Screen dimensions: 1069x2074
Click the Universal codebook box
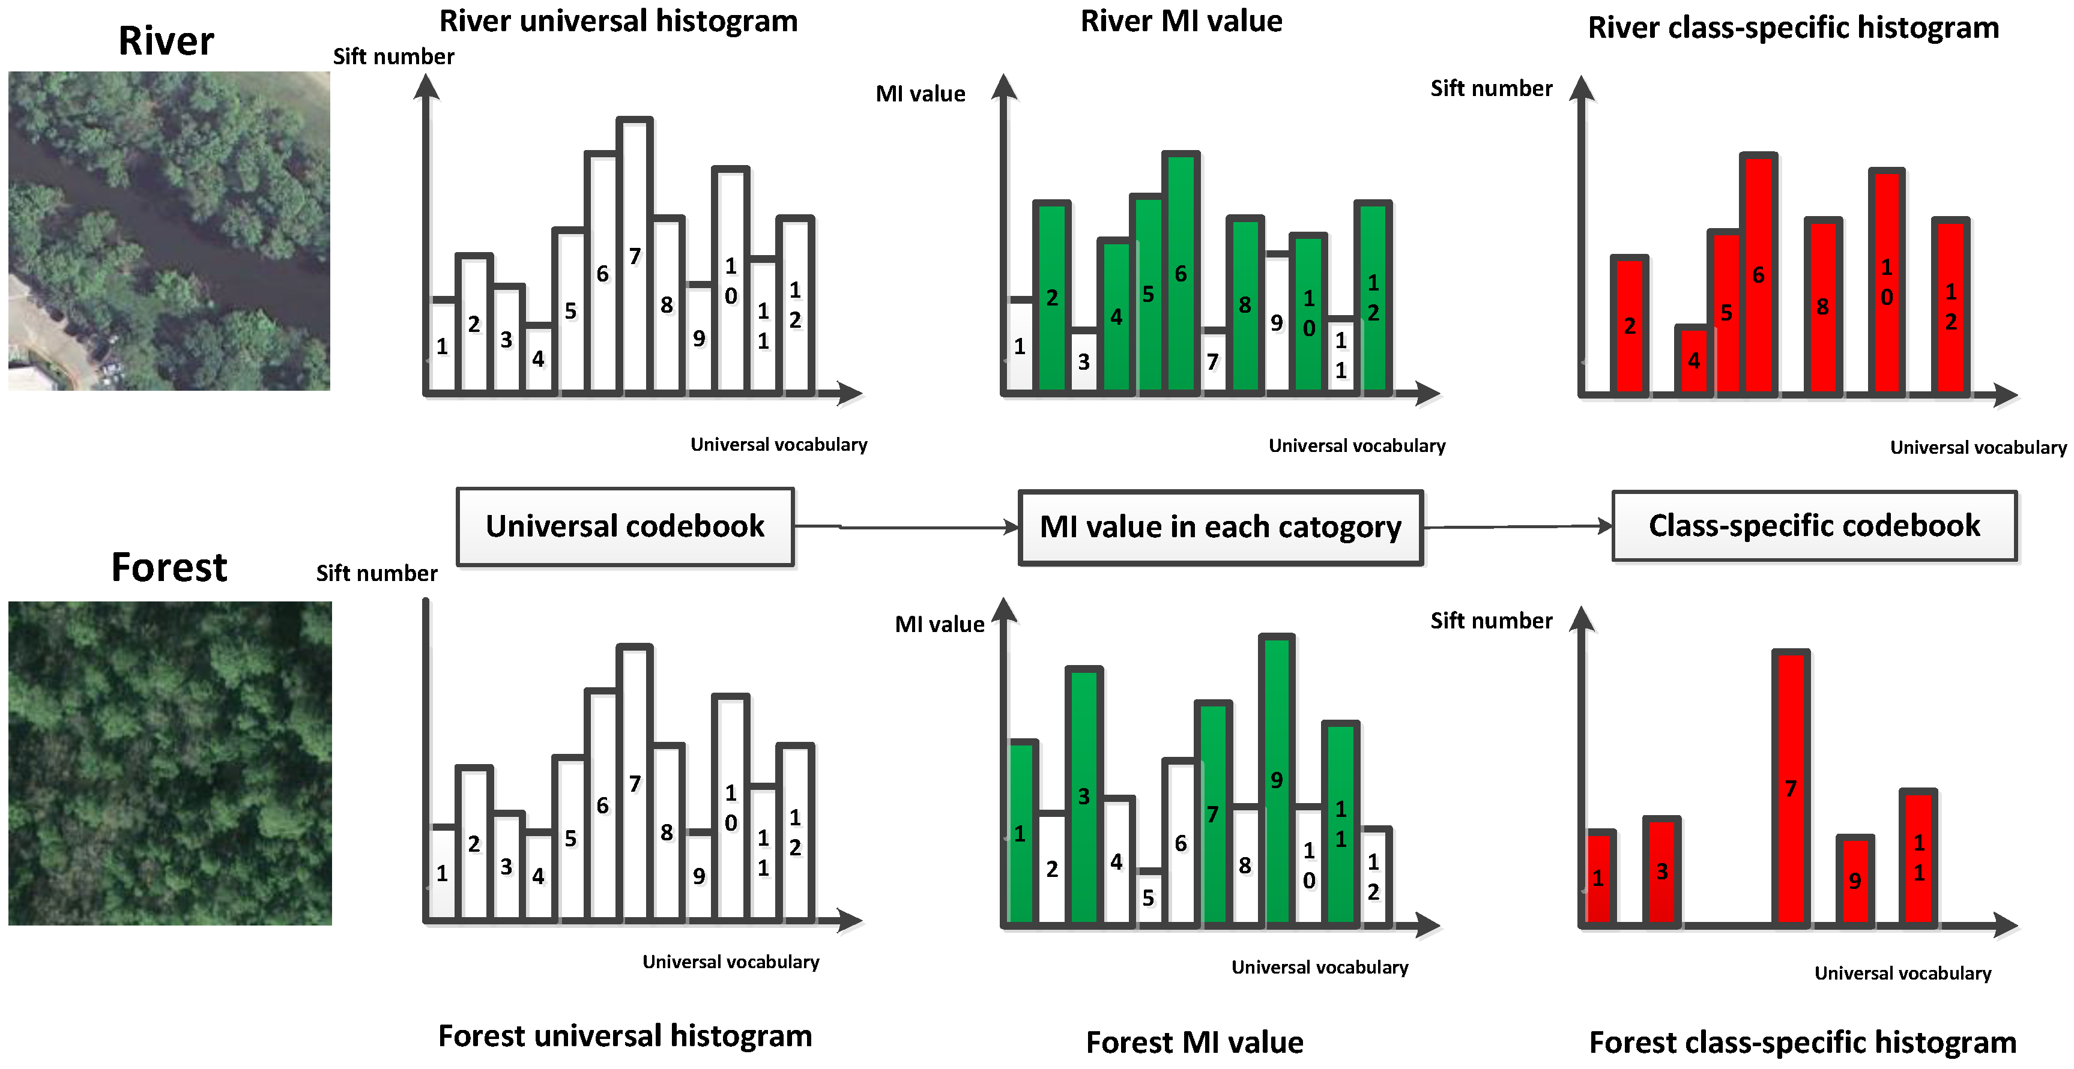[624, 526]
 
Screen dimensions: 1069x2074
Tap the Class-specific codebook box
[1814, 526]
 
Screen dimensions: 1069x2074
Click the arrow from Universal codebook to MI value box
[905, 527]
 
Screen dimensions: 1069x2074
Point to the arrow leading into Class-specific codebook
[1517, 526]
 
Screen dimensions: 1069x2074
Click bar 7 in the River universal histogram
[635, 257]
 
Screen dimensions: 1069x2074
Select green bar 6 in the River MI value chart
[1181, 274]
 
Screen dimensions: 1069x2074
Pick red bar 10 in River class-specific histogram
[1887, 282]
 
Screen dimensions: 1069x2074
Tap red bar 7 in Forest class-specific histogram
[1791, 789]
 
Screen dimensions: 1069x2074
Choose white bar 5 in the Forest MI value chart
[1149, 897]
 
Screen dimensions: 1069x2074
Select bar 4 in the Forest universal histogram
[539, 876]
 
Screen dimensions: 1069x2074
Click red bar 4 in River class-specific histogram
[1694, 361]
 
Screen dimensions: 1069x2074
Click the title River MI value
[1181, 21]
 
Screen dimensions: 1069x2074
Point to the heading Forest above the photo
[169, 567]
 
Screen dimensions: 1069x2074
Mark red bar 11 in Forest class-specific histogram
[1918, 857]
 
